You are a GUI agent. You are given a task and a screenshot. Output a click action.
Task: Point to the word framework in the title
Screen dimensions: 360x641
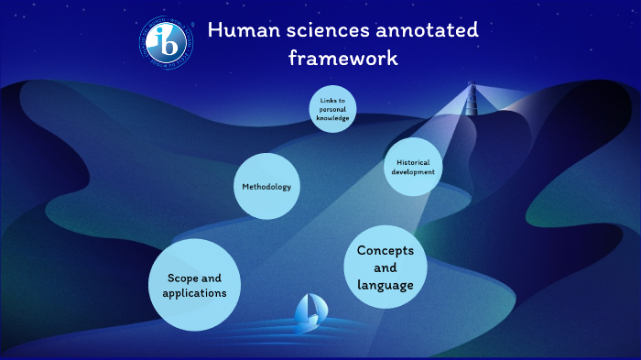click(x=343, y=58)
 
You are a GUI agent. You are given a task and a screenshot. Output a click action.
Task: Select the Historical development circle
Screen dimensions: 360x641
click(x=413, y=167)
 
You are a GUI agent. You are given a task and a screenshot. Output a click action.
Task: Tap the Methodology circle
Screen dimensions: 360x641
click(x=266, y=187)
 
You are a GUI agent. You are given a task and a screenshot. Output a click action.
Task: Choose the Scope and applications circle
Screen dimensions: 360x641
click(x=194, y=285)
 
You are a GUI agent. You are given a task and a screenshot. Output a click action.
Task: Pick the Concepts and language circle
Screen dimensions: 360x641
click(x=386, y=267)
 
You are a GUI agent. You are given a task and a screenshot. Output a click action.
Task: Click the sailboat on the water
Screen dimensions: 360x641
click(x=307, y=313)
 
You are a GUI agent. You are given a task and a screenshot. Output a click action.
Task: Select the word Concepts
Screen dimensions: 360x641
click(x=386, y=250)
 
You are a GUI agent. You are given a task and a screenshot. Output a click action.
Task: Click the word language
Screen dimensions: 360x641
click(x=386, y=285)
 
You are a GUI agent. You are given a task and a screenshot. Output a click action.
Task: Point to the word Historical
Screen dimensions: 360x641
click(x=413, y=161)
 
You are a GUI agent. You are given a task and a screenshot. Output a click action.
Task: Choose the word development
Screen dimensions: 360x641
click(x=413, y=172)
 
